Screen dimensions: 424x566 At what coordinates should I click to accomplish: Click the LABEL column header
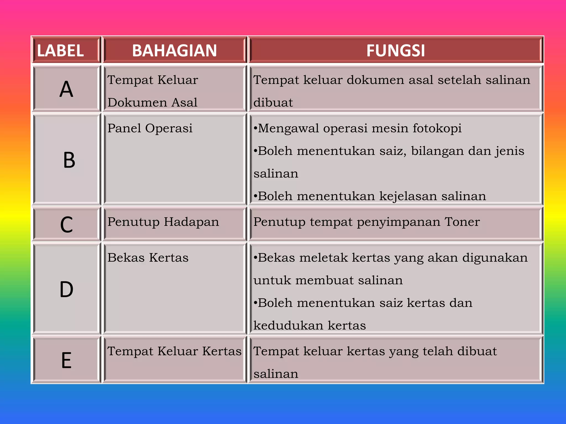click(x=60, y=51)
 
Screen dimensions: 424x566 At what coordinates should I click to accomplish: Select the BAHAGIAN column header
click(x=174, y=51)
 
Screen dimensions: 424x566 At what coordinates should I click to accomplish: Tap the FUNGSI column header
click(x=395, y=51)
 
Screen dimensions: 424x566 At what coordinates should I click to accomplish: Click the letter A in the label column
click(x=66, y=89)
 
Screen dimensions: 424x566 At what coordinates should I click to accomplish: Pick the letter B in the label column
click(x=69, y=160)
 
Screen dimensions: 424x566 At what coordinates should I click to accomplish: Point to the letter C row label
click(x=66, y=225)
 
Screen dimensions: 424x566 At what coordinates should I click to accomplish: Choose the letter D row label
click(x=66, y=290)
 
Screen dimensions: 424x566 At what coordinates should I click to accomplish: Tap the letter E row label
click(x=66, y=360)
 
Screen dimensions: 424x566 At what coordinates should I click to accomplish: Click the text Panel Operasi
click(x=150, y=128)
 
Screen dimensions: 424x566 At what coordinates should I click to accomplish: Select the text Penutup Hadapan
click(x=163, y=222)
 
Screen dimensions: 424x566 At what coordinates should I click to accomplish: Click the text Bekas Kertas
click(x=148, y=258)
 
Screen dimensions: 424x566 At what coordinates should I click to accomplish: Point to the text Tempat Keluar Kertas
click(x=174, y=351)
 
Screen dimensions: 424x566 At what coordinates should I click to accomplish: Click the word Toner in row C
click(x=462, y=222)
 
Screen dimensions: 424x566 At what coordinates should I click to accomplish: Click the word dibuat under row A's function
click(x=273, y=103)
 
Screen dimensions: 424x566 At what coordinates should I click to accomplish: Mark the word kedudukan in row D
click(x=288, y=326)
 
